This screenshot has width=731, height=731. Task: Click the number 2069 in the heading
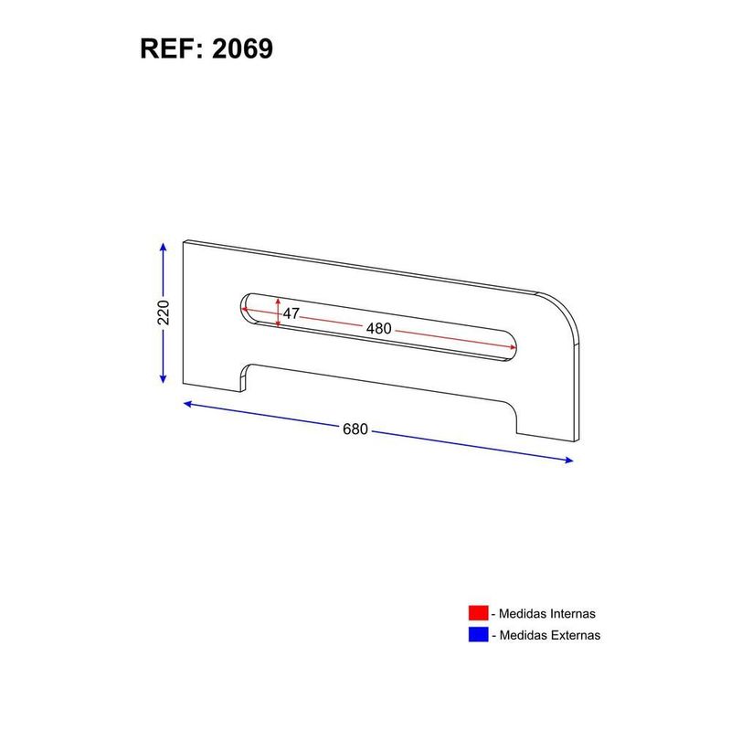tap(241, 48)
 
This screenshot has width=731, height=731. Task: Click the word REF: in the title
tap(173, 48)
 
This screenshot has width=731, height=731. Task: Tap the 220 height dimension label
tap(164, 313)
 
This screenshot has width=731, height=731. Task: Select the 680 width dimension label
tap(356, 429)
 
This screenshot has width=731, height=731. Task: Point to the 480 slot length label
tap(378, 328)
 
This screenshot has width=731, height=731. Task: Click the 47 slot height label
tap(291, 313)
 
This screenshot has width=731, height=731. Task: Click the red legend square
tap(478, 614)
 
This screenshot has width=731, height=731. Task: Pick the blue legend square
tap(478, 634)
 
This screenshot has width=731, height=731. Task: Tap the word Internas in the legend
tap(571, 614)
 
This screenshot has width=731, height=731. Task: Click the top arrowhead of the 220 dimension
tap(163, 247)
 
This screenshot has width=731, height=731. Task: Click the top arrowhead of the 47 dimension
tap(278, 300)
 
